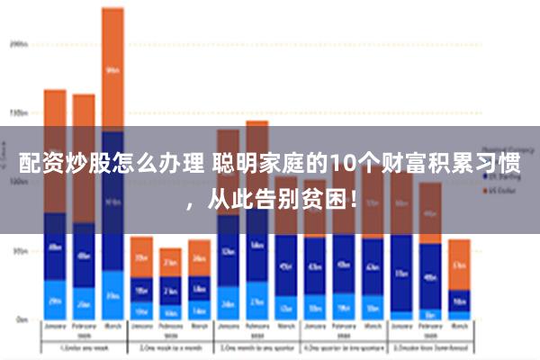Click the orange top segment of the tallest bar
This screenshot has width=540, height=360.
(112, 68)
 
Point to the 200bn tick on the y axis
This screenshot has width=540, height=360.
(19, 42)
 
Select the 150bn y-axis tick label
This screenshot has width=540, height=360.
(19, 113)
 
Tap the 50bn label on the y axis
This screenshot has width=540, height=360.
(19, 252)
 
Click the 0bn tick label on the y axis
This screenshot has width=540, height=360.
(19, 319)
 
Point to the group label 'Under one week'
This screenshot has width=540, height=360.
(83, 347)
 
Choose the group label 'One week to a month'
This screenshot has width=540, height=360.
(169, 347)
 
